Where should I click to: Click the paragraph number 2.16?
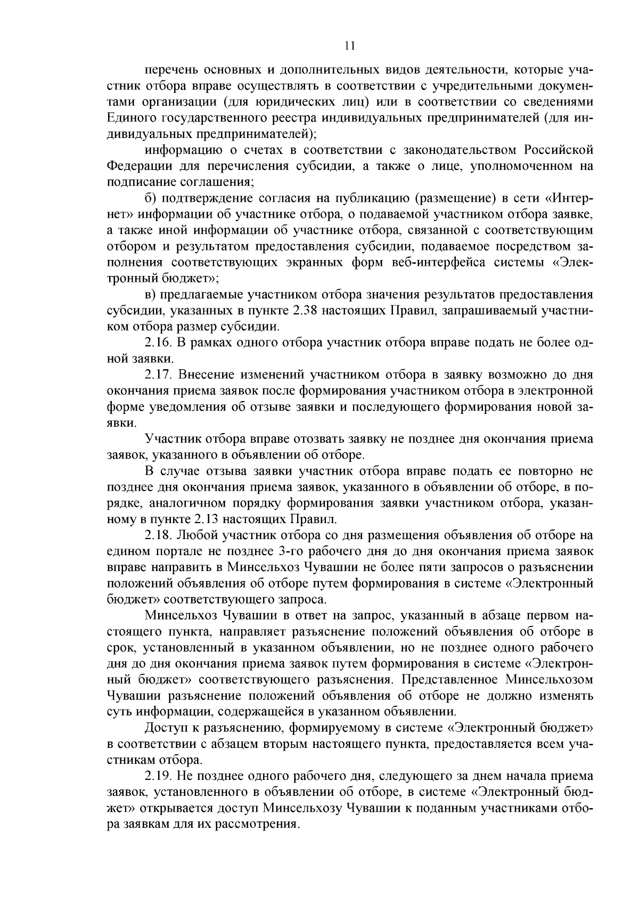[x=158, y=343]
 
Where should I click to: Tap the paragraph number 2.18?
[x=158, y=535]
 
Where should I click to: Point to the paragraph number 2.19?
[x=158, y=776]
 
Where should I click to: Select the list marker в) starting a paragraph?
[x=151, y=295]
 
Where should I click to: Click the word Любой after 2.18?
[x=195, y=535]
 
